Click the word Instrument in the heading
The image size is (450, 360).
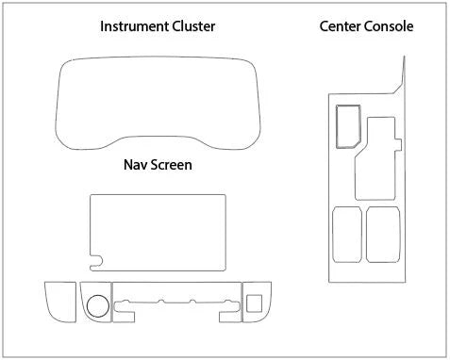click(x=134, y=26)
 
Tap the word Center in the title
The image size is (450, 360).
click(x=338, y=26)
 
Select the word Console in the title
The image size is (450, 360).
click(x=387, y=26)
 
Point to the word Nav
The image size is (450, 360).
click(x=134, y=165)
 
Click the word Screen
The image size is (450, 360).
click(x=170, y=165)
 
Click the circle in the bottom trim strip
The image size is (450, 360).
click(x=98, y=305)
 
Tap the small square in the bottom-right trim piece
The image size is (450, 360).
click(x=254, y=303)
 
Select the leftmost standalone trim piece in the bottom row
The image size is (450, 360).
click(x=60, y=302)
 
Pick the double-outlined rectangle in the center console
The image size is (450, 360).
click(x=348, y=126)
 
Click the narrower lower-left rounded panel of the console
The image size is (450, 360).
click(x=347, y=235)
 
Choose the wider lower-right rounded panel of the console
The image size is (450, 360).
click(x=383, y=235)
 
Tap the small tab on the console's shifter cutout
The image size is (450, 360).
click(x=398, y=144)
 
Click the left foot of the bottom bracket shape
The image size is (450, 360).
click(x=124, y=317)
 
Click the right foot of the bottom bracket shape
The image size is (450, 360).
click(x=230, y=317)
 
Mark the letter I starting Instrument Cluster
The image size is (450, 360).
click(x=102, y=26)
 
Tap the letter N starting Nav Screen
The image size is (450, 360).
click(x=128, y=165)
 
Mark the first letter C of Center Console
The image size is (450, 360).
click(x=325, y=26)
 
